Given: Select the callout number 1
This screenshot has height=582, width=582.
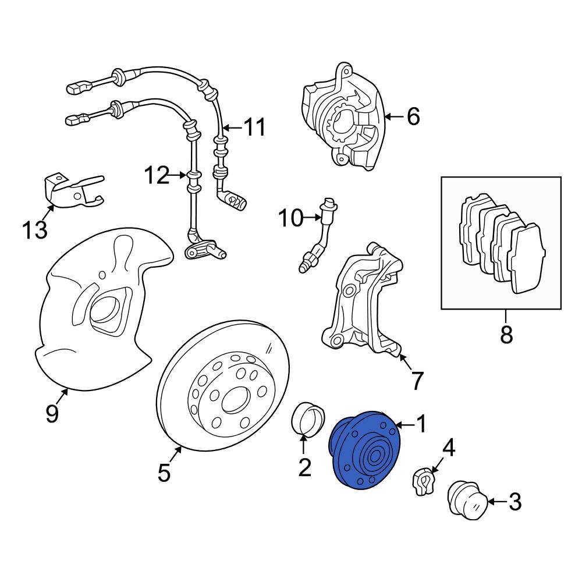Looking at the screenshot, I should [x=420, y=424].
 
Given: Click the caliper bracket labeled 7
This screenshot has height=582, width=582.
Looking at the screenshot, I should [x=361, y=308].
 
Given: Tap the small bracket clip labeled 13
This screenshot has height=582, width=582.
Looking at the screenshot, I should [x=73, y=189].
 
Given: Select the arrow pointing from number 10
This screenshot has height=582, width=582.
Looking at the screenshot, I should [x=311, y=219].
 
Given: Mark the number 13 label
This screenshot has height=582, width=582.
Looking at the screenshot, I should [x=35, y=230].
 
